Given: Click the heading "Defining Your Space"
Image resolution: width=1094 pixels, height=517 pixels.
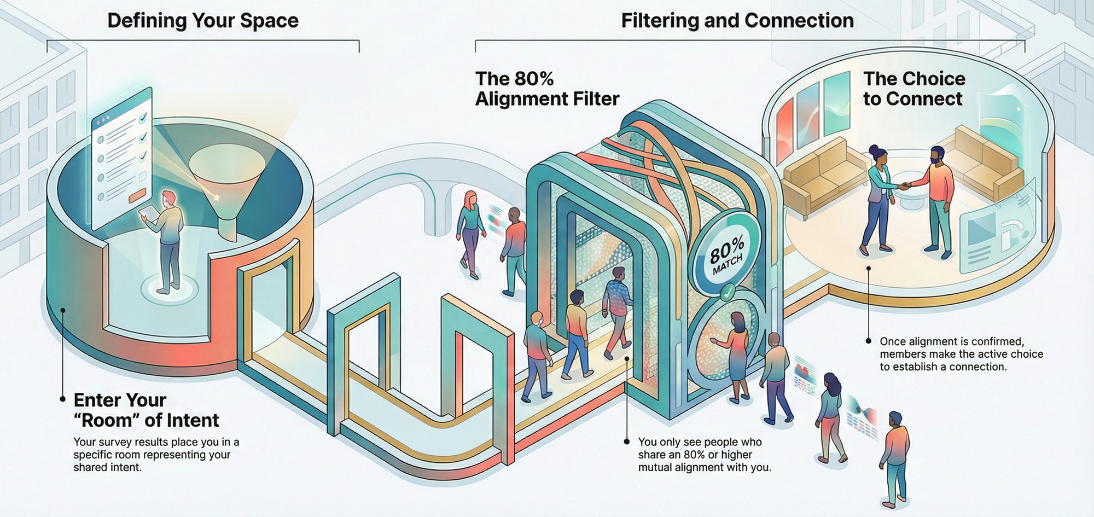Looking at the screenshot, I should [x=202, y=21].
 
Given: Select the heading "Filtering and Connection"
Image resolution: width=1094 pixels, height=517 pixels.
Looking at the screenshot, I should [x=737, y=21].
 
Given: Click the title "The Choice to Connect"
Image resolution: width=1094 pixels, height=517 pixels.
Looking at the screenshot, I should [x=913, y=89].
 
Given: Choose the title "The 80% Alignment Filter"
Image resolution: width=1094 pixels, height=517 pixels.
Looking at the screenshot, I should [x=547, y=89].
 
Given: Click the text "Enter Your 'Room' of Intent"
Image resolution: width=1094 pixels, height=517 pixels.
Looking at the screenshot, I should [x=146, y=410].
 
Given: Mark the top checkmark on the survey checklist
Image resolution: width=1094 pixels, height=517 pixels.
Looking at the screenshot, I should [x=143, y=118].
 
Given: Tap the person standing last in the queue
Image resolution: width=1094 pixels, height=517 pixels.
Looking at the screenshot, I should [x=894, y=457].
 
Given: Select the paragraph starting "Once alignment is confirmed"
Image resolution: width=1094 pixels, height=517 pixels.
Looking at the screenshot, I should [x=961, y=354].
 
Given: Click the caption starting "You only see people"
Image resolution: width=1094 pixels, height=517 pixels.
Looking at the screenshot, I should [x=704, y=455].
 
